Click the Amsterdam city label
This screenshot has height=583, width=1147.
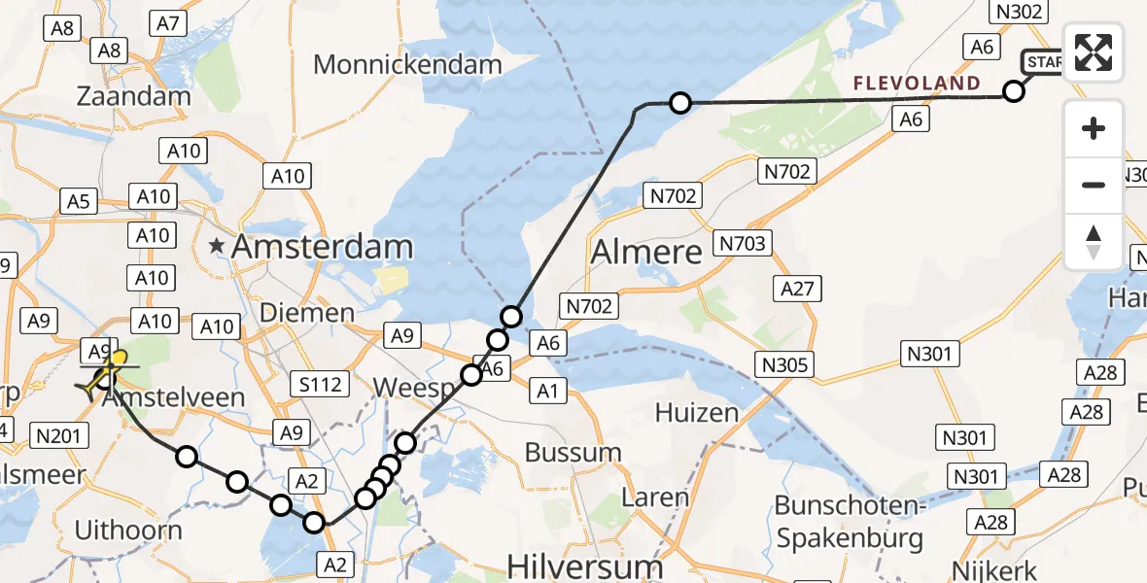pyautogui.click(x=322, y=247)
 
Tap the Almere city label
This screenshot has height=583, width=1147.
pyautogui.click(x=646, y=253)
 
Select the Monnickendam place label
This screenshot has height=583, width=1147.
pyautogui.click(x=407, y=65)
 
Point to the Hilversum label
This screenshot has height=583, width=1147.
pyautogui.click(x=573, y=566)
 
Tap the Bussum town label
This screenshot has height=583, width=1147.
pyautogui.click(x=573, y=452)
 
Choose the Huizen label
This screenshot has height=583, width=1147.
pyautogui.click(x=697, y=413)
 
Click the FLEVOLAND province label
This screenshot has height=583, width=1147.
pyautogui.click(x=917, y=84)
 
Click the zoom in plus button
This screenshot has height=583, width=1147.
pyautogui.click(x=1094, y=128)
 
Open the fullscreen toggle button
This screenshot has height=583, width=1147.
pyautogui.click(x=1094, y=51)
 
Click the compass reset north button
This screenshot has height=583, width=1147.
pyautogui.click(x=1094, y=241)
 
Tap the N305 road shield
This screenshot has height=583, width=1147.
pyautogui.click(x=783, y=365)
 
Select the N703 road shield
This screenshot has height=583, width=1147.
pyautogui.click(x=742, y=243)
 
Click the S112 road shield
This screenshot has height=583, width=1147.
pyautogui.click(x=320, y=385)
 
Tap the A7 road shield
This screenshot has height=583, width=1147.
pyautogui.click(x=168, y=23)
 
